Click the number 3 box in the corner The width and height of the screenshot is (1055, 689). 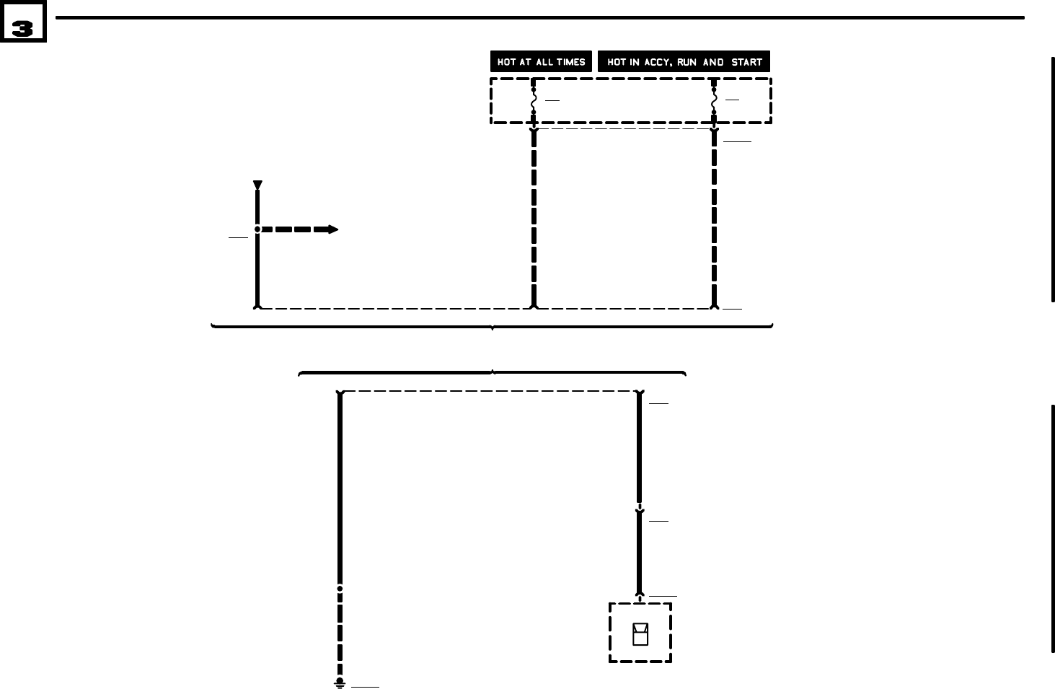pos(23,27)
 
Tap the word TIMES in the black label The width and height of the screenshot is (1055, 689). pos(570,62)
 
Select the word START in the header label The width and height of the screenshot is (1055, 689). pos(746,62)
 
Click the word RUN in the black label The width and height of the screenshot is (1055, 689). pos(687,62)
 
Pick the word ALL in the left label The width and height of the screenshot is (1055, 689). pos(544,62)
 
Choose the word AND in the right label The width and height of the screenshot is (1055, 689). pos(713,62)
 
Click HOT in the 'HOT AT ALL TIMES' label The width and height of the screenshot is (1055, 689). pos(506,62)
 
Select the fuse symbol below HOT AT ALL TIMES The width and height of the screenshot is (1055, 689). pos(534,101)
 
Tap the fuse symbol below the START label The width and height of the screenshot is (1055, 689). pos(714,101)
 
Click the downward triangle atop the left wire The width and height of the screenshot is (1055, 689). pos(257,185)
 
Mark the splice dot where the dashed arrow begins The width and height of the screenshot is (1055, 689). pos(257,229)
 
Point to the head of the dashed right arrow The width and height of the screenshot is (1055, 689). pos(332,229)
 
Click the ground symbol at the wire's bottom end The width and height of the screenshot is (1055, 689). pos(340,683)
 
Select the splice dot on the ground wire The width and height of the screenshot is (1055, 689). pos(340,589)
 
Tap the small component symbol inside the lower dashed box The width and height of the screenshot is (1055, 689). pos(640,633)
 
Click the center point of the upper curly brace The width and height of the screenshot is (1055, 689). pos(493,328)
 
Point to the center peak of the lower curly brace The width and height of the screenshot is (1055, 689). pos(493,372)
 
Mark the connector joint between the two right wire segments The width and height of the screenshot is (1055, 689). pos(640,508)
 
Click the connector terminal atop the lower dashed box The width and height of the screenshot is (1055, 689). pos(640,597)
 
